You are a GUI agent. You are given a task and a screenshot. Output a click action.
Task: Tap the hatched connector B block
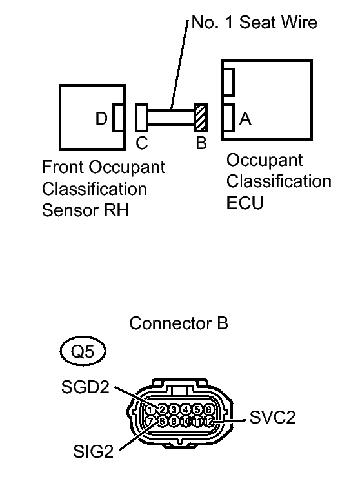coord(201,118)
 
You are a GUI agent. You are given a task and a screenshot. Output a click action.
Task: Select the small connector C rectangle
coord(141,118)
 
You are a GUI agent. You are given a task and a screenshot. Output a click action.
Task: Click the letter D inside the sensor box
coord(102,119)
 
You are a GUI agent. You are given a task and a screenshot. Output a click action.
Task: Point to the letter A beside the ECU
coord(245,119)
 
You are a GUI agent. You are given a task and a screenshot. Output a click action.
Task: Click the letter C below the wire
coord(141,143)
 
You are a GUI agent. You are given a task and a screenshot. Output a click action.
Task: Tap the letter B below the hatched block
coord(201,143)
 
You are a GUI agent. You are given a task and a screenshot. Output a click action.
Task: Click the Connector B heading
coord(179,323)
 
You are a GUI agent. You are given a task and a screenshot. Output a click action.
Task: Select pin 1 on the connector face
coord(150,409)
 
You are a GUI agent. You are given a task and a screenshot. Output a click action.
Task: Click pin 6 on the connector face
coord(208,409)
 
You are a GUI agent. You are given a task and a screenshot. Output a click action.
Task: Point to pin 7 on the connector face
coord(150,421)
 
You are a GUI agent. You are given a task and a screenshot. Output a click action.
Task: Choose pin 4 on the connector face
coord(185,409)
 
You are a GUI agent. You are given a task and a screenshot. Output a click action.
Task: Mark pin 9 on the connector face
coord(174,421)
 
